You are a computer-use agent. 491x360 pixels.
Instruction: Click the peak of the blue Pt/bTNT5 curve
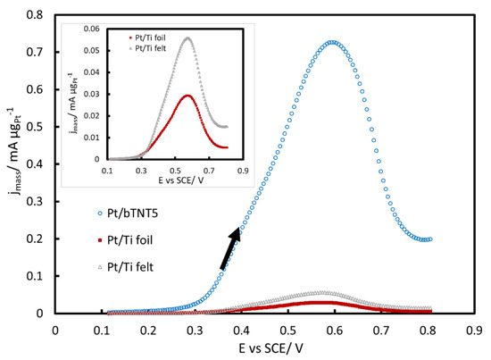(x=333, y=42)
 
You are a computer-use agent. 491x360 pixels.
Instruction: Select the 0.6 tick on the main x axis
(x=334, y=329)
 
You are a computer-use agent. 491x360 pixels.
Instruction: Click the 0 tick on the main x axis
(x=55, y=329)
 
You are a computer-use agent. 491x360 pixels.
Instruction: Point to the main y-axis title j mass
(x=12, y=165)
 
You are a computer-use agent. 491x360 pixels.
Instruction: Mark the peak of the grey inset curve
(x=187, y=38)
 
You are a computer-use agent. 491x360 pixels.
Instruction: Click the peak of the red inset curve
(x=187, y=96)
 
